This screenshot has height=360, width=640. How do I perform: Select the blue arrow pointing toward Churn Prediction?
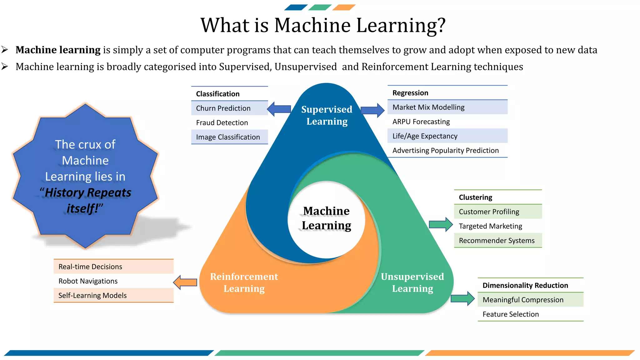tap(279, 109)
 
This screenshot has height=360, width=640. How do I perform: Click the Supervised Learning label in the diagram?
tap(327, 115)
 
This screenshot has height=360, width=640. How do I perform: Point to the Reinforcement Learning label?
tap(244, 282)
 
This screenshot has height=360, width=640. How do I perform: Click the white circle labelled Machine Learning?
tap(326, 218)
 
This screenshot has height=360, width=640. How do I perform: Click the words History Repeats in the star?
tap(88, 192)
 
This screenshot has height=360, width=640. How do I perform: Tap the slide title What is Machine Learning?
tap(323, 25)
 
